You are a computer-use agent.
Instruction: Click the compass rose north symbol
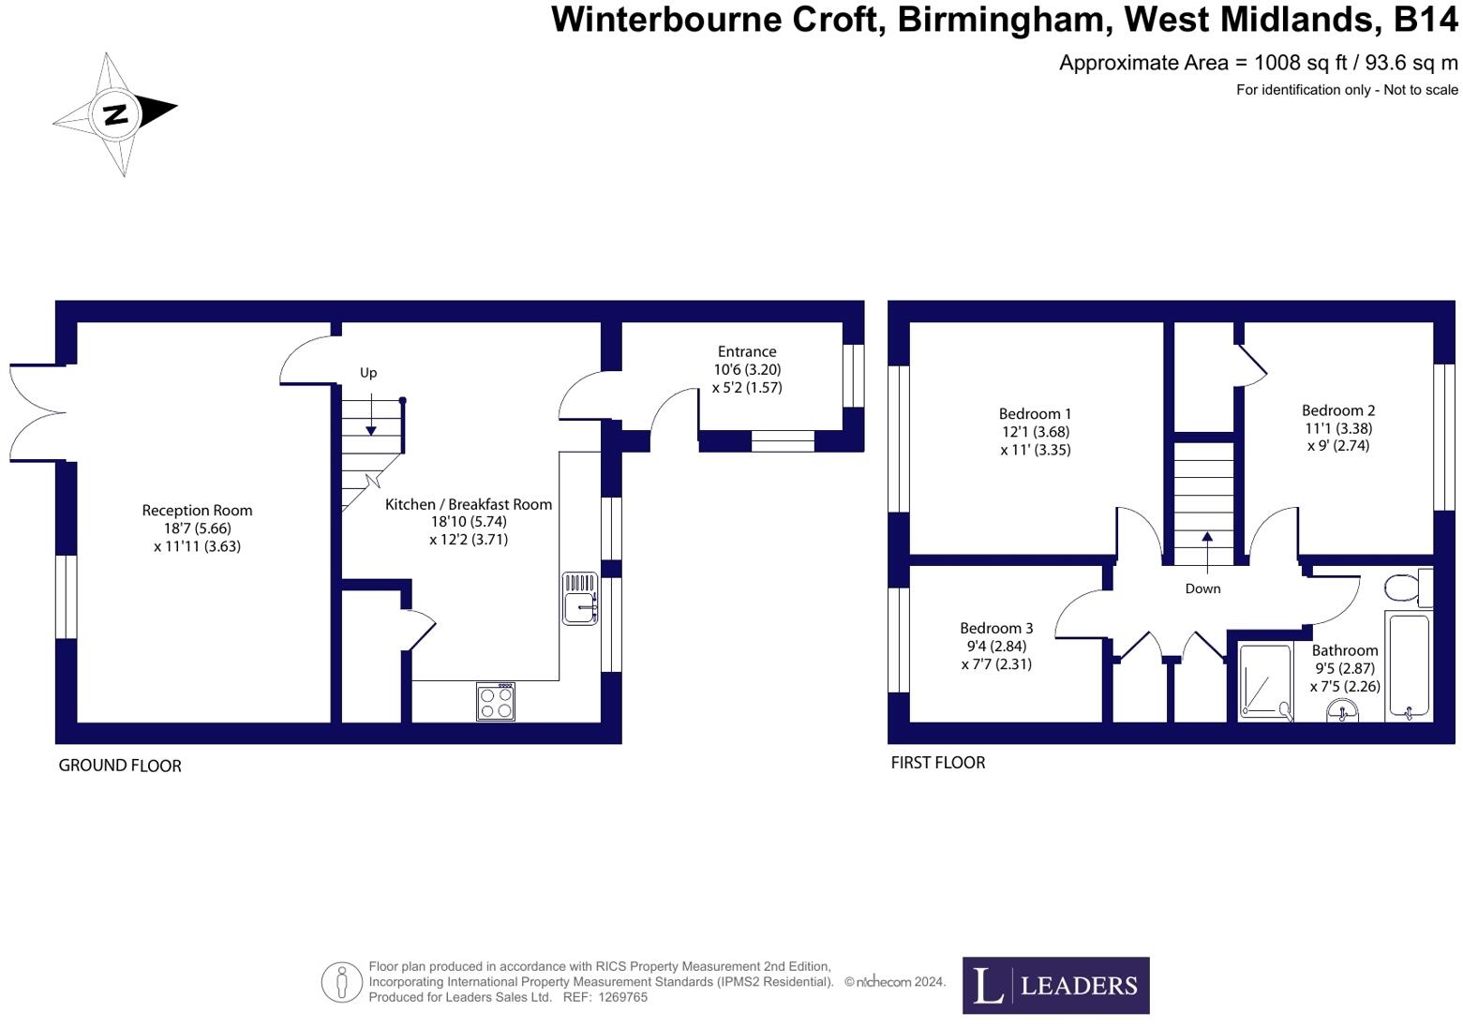click(x=114, y=114)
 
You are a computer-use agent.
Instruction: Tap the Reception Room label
click(x=197, y=511)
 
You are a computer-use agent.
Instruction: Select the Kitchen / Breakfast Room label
click(x=469, y=504)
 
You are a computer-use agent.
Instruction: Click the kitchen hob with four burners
click(x=495, y=701)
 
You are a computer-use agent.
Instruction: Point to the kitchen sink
click(x=580, y=599)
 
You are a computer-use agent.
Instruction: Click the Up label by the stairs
click(x=368, y=373)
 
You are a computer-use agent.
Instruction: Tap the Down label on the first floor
click(x=1202, y=588)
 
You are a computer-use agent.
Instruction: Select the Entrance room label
click(x=746, y=352)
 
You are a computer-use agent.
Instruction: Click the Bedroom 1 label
click(x=1035, y=414)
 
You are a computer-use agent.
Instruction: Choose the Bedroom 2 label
click(x=1338, y=410)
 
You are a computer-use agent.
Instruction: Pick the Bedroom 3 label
click(x=996, y=629)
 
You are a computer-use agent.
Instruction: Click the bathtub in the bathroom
click(x=1409, y=665)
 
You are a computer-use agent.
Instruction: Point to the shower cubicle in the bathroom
click(x=1264, y=680)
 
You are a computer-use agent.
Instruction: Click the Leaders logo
click(x=1055, y=985)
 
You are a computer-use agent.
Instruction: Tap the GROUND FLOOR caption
click(x=120, y=766)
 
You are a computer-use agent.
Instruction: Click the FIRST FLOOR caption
click(x=937, y=763)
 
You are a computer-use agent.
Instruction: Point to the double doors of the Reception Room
click(x=36, y=412)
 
